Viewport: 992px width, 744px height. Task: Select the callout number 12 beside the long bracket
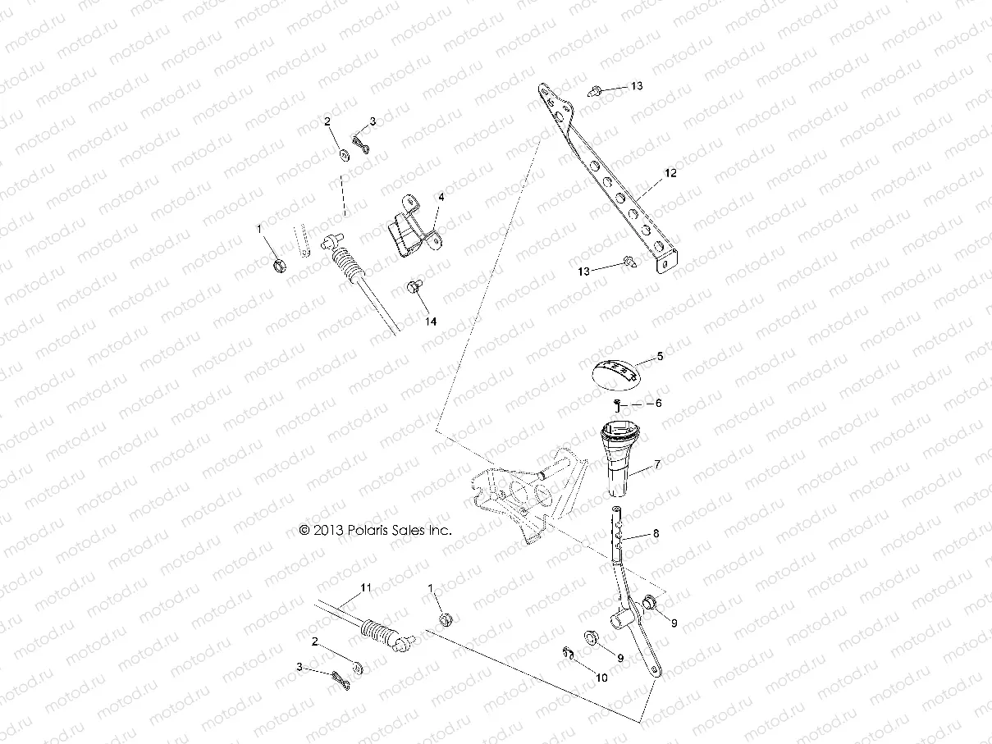670,173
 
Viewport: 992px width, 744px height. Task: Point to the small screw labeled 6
615,402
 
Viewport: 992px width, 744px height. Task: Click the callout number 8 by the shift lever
656,533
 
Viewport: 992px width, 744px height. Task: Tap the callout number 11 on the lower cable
366,587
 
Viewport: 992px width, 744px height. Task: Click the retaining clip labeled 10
571,653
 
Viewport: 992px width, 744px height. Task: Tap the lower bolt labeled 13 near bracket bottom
629,262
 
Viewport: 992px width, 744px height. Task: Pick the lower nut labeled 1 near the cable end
447,618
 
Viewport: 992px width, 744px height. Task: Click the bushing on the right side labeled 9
650,604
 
